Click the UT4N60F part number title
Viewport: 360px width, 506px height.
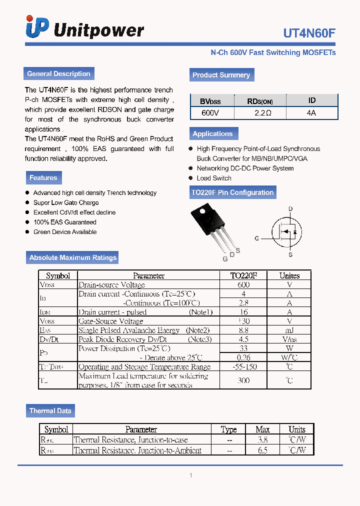tap(309, 33)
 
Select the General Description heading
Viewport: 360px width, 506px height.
tap(58, 73)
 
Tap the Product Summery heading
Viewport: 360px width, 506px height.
tap(221, 75)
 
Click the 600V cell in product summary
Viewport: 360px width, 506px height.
tap(210, 113)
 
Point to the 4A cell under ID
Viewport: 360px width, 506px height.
tap(311, 113)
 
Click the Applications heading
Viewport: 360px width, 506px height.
tap(212, 133)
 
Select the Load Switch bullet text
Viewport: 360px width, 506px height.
tap(214, 178)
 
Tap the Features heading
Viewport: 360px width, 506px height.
tap(43, 177)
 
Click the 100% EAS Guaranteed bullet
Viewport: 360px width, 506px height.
tap(64, 222)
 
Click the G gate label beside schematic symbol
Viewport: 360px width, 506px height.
tap(256, 238)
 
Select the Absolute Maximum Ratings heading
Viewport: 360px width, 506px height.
tap(72, 257)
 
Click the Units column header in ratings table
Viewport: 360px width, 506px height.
tap(289, 275)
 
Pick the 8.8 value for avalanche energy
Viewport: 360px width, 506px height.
tap(244, 330)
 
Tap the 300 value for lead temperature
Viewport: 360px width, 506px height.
tap(244, 380)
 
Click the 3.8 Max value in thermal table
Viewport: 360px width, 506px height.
tap(262, 440)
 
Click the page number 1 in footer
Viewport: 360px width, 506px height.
tap(190, 475)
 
